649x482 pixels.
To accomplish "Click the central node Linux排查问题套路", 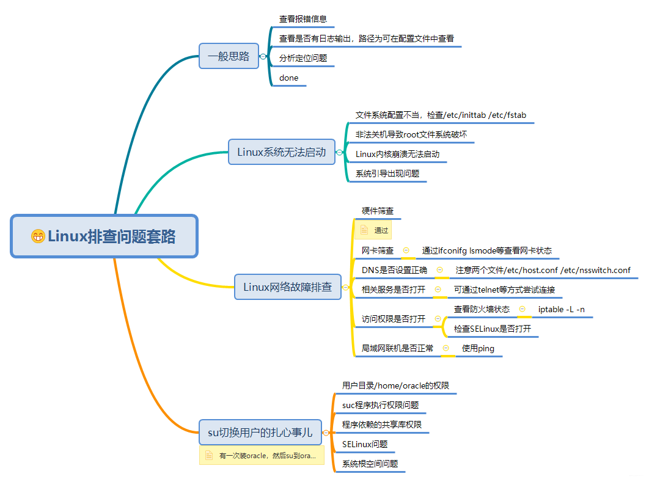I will [x=105, y=236].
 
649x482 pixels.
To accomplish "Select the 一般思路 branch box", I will [x=229, y=56].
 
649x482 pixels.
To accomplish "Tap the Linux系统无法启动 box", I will [x=282, y=152].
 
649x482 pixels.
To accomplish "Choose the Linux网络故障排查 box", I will [x=287, y=287].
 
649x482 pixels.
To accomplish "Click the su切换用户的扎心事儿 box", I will [x=260, y=433].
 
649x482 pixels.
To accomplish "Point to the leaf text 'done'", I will [x=289, y=78].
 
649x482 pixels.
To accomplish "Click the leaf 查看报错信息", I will [x=303, y=19].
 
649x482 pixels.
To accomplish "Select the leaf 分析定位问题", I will [x=303, y=58].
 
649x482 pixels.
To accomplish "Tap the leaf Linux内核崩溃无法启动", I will [x=397, y=154].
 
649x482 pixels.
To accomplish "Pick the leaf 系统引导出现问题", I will [x=387, y=173].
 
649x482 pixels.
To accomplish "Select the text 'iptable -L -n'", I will [x=561, y=309].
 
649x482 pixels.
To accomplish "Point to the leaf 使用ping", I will [x=478, y=348].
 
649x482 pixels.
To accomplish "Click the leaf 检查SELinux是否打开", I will [x=492, y=329].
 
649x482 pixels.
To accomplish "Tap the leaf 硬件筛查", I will [x=377, y=211].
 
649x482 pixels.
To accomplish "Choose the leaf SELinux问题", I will [x=365, y=444].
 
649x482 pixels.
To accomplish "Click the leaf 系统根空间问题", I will [x=370, y=464].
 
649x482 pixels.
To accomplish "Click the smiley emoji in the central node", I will [x=38, y=236].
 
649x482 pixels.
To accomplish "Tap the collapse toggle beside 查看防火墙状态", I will [x=522, y=309].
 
